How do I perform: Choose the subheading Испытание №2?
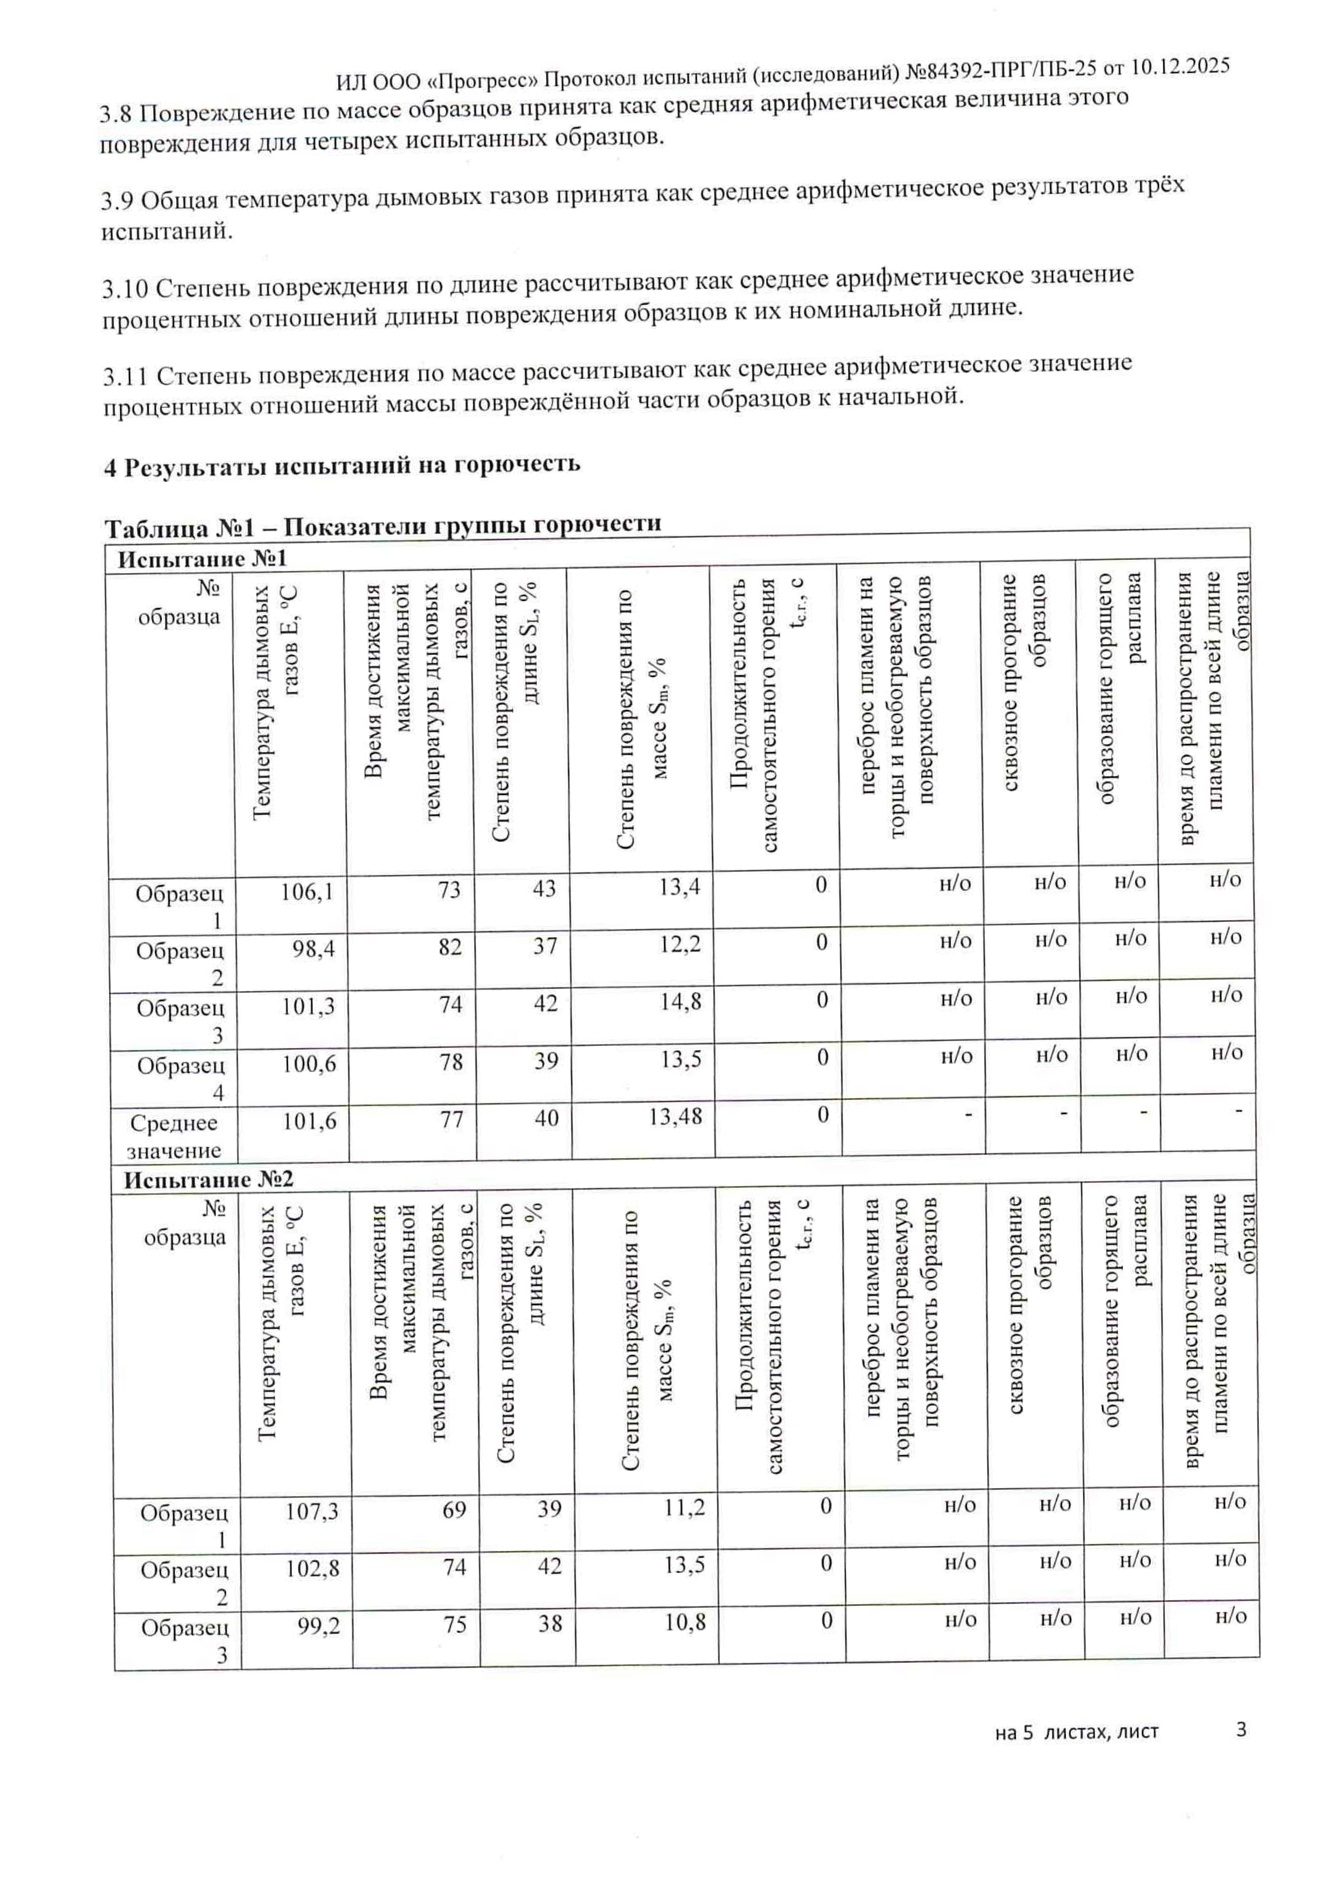pyautogui.click(x=209, y=1180)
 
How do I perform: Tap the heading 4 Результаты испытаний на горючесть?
pyautogui.click(x=341, y=465)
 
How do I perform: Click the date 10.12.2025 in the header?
pyautogui.click(x=1179, y=67)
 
